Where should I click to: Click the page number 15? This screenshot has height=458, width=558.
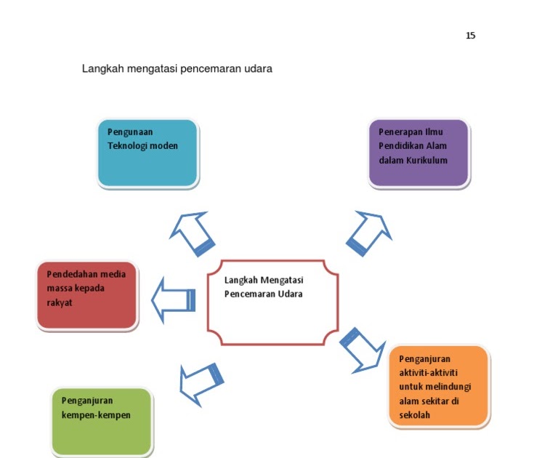[470, 36]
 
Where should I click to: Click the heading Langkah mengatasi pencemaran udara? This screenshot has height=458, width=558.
[177, 70]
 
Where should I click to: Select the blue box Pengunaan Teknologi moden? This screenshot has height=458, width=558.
[147, 153]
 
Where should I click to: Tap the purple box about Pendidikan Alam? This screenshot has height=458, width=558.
[418, 153]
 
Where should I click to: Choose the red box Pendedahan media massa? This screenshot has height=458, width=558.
[86, 295]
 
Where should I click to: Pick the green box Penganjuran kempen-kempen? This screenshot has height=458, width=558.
[102, 421]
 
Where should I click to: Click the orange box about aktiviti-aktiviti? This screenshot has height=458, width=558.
[438, 385]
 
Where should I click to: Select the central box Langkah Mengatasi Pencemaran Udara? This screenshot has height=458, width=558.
[272, 302]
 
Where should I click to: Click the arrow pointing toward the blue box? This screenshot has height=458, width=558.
[193, 234]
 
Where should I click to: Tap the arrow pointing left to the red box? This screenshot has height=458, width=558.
[173, 300]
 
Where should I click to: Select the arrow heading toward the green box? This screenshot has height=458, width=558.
[201, 380]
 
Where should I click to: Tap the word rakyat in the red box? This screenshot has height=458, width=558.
[60, 302]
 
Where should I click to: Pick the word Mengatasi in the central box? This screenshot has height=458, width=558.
[283, 280]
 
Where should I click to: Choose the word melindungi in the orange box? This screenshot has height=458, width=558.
[447, 386]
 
